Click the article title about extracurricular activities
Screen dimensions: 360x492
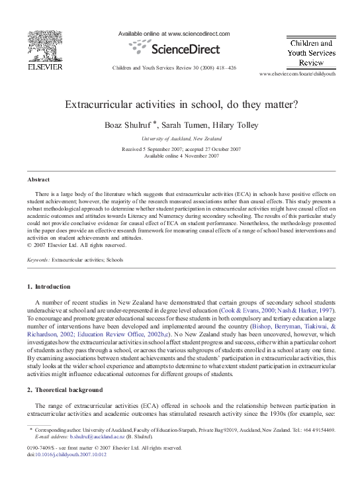(x=180, y=104)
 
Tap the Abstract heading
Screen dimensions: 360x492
(x=38, y=179)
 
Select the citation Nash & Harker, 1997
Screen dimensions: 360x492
(x=310, y=309)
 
